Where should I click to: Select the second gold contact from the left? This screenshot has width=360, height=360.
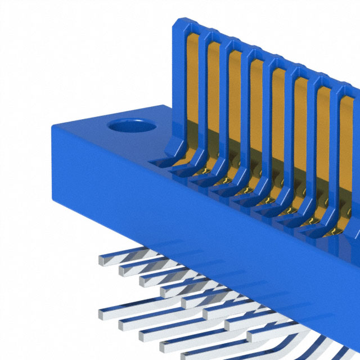point(214,96)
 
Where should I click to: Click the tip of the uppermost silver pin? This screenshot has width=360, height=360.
point(102,260)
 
